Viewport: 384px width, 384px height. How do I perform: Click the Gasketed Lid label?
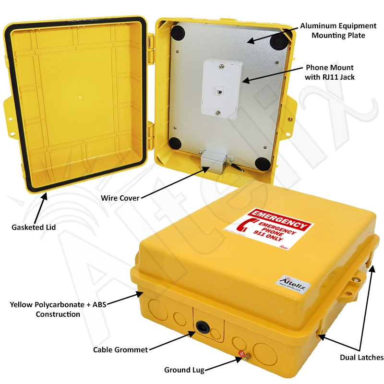coord(34,227)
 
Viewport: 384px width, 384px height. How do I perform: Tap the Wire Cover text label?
coord(120,197)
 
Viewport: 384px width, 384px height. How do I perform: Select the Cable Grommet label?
coord(120,349)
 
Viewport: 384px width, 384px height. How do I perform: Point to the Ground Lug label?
coord(184,370)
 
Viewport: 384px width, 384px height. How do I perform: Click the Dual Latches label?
coord(361,357)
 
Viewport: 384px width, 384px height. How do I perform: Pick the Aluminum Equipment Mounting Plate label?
coord(331,30)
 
